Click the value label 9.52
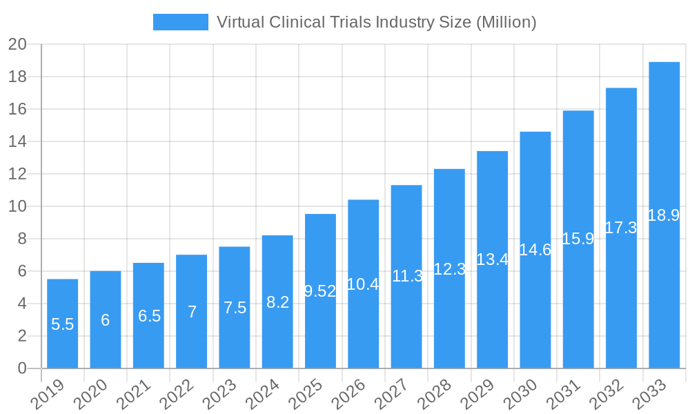320,291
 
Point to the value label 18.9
664,215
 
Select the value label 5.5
62,324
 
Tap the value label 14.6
535,250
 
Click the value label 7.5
235,308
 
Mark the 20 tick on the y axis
17,45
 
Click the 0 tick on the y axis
22,368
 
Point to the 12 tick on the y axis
17,174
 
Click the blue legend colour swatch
180,22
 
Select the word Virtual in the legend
239,22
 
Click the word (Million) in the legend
506,22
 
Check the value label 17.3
621,228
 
